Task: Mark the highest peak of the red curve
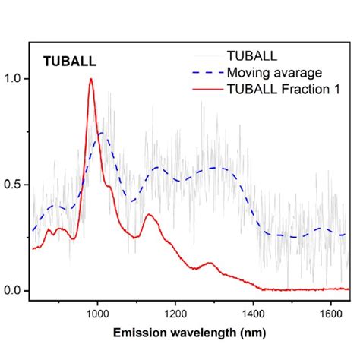pyautogui.click(x=91, y=79)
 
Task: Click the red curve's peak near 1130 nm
pyautogui.click(x=148, y=215)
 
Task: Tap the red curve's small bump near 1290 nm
pyautogui.click(x=209, y=264)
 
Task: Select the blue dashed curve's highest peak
pyautogui.click(x=99, y=133)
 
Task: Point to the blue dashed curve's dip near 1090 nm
pyautogui.click(x=132, y=201)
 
